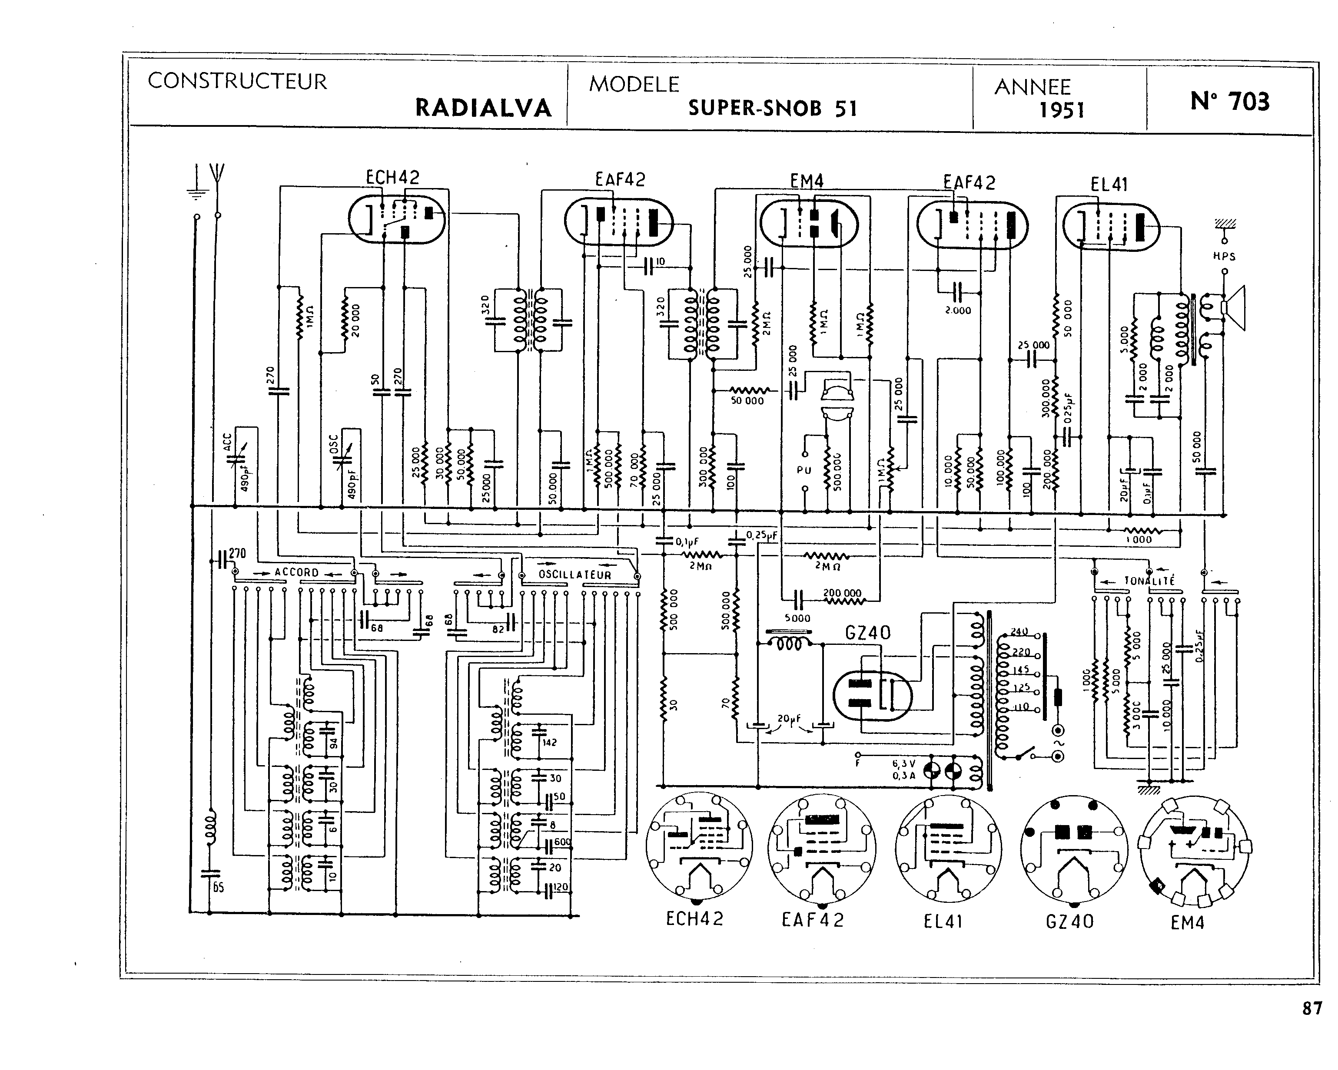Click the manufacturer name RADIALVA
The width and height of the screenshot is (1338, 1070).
483,108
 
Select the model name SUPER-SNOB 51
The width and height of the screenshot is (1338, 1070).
772,109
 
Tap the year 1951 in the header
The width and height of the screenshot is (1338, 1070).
1062,110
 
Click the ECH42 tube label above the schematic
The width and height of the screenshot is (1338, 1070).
392,178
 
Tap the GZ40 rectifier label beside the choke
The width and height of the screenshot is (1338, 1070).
867,633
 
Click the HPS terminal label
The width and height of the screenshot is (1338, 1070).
1224,256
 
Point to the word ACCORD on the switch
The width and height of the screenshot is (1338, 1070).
297,572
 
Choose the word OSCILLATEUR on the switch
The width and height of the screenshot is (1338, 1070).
574,575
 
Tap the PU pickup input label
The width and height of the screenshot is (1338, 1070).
803,470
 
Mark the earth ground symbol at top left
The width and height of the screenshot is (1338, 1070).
196,186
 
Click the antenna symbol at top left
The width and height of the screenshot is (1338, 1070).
217,177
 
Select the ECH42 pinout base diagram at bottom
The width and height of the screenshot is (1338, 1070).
699,847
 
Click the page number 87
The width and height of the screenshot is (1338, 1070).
1311,1009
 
